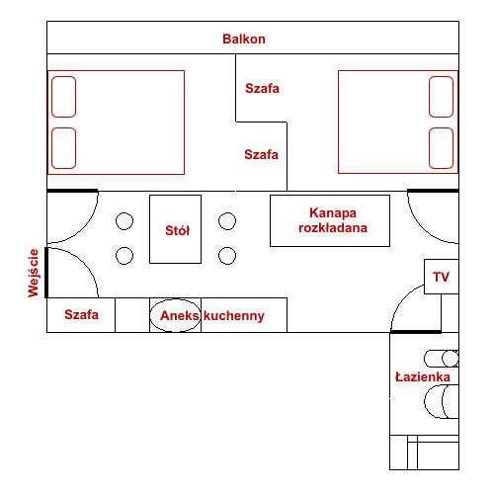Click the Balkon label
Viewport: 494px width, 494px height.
pos(244,39)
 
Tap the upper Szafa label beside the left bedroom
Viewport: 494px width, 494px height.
pos(262,88)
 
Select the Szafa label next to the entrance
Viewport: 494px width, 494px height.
pos(81,314)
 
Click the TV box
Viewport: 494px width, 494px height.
pos(442,277)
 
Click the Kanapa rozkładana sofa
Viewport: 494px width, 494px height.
pos(330,220)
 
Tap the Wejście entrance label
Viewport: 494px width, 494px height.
pos(34,273)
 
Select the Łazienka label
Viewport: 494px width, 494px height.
pos(423,376)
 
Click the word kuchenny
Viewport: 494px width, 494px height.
pos(234,316)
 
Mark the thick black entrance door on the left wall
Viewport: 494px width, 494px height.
pos(46,273)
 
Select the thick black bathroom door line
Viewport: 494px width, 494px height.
pos(416,332)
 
